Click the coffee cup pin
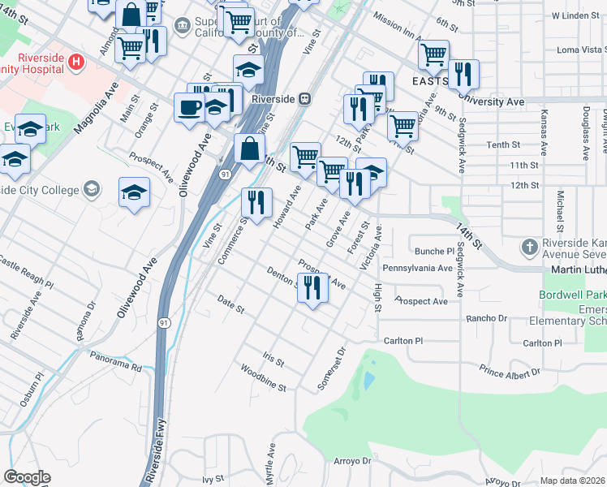click(190, 108)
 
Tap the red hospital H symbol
click(76, 61)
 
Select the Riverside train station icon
click(304, 98)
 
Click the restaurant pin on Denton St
click(312, 287)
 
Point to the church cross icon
click(529, 246)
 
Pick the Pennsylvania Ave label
click(417, 267)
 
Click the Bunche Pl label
click(435, 252)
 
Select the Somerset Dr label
click(331, 368)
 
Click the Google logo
click(27, 477)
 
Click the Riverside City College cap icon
click(91, 189)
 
